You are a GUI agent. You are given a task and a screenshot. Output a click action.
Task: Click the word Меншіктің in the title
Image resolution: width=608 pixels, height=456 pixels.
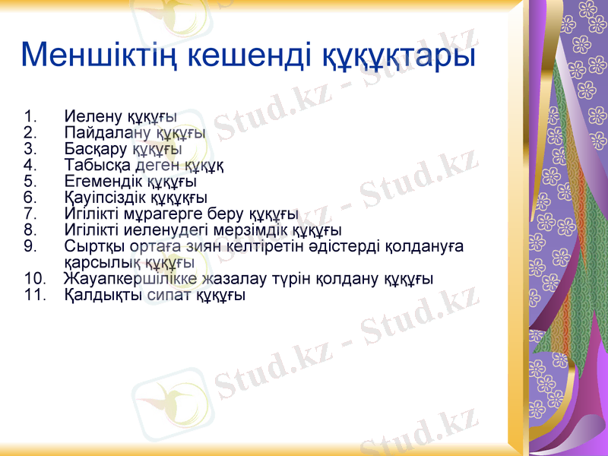(x=99, y=55)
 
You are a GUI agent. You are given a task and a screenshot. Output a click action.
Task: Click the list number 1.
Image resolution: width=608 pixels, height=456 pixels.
(x=30, y=117)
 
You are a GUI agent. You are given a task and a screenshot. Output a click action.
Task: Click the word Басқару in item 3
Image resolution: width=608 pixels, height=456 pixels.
(x=97, y=149)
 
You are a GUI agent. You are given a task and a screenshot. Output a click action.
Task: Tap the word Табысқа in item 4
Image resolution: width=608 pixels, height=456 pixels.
(x=98, y=166)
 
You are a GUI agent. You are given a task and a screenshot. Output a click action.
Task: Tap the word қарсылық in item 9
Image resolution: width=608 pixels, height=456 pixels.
(x=95, y=262)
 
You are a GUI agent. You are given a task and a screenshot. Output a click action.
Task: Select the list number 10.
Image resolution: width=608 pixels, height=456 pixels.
(x=34, y=279)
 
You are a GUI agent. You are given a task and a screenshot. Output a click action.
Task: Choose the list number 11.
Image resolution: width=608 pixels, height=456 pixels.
(x=34, y=295)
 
